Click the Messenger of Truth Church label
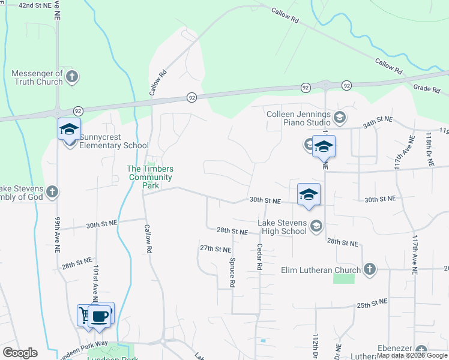pos(37,77)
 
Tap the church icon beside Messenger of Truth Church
pos(72,76)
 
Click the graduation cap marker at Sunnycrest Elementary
pos(69,129)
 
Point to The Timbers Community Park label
pos(150,177)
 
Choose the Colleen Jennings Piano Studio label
pos(298,118)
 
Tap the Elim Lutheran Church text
pos(321,270)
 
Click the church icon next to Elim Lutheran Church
pos(369,269)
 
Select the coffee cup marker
pos(100,314)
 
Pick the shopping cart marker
pos(85,314)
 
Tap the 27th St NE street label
pos(215,248)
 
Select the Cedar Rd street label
pos(260,256)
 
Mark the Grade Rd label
pos(427,89)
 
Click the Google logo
pos(20,353)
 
